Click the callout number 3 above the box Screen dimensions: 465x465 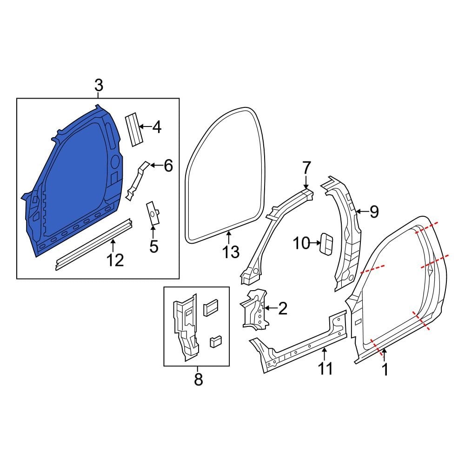coord(99,86)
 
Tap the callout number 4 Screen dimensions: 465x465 coord(157,126)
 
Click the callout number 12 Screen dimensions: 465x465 coord(115,260)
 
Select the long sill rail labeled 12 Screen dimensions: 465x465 coord(93,242)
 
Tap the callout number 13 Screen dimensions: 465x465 coord(231,252)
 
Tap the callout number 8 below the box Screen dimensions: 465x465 coord(198,379)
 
